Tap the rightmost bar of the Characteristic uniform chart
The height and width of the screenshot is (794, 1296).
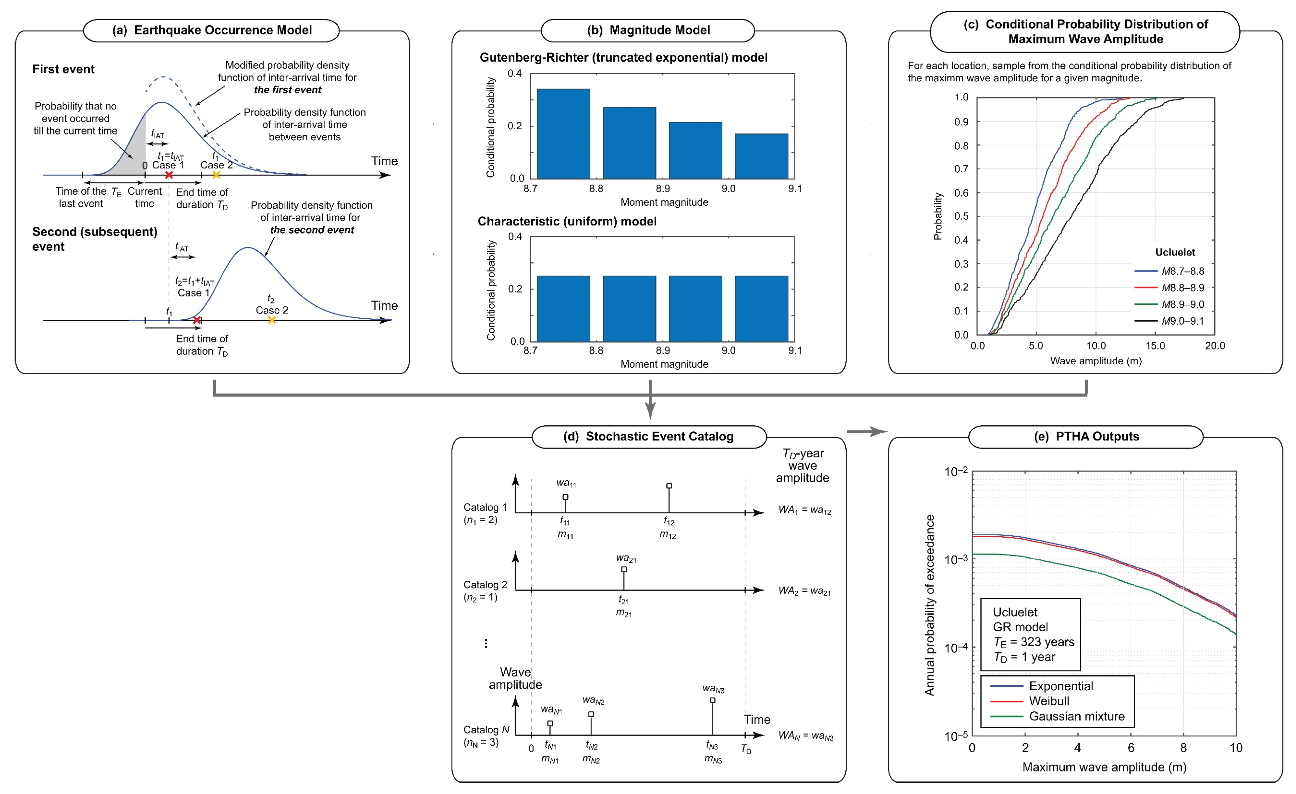761,309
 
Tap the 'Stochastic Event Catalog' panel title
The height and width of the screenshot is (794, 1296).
659,437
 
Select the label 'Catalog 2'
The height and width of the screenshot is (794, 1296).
485,585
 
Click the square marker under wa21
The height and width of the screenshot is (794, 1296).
624,569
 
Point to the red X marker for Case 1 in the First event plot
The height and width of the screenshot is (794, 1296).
169,175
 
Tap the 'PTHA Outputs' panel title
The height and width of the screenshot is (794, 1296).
1097,437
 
